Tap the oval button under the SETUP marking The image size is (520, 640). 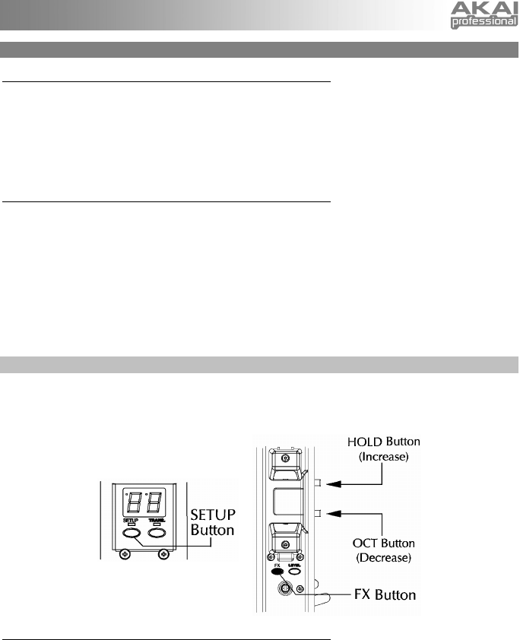(131, 533)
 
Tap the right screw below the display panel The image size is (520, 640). (162, 554)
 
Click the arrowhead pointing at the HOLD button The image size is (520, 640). (328, 482)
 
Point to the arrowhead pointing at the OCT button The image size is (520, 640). (328, 514)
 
